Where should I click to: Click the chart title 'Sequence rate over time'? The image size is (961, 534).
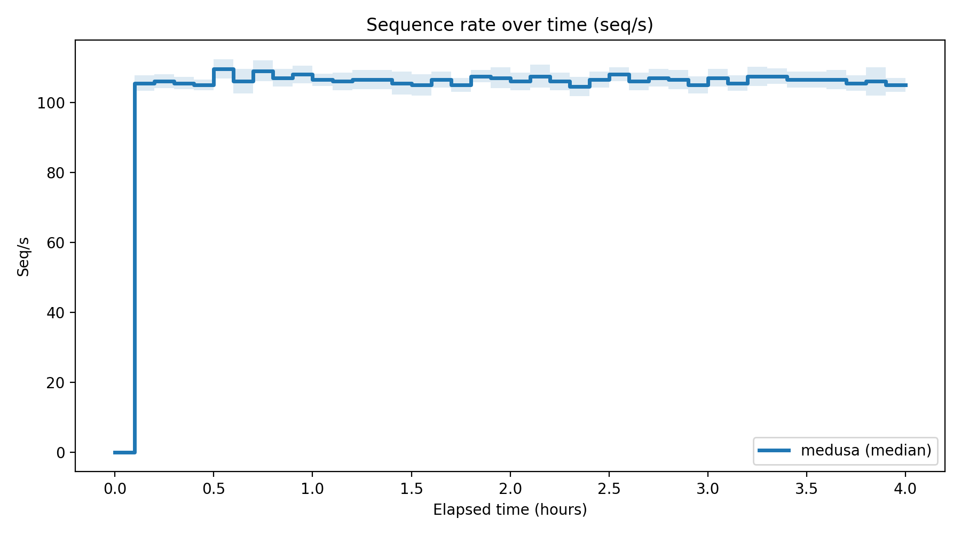point(509,25)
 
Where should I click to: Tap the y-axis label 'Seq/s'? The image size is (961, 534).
point(23,257)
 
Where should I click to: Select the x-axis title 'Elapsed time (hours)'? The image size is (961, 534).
point(510,510)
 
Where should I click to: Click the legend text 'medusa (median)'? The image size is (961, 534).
point(866,450)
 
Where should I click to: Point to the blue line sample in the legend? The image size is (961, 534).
point(774,450)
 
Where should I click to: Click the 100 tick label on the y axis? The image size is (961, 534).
point(51,103)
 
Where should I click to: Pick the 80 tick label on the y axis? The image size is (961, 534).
point(55,173)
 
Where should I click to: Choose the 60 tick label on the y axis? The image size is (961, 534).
point(55,243)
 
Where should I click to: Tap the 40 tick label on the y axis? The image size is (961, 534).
point(55,313)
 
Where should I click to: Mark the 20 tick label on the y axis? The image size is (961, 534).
point(55,383)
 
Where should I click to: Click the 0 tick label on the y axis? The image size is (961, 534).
point(60,453)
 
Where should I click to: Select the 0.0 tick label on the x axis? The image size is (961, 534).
point(114,489)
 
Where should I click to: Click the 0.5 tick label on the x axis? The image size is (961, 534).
point(213,489)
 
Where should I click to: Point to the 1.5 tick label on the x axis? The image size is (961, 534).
point(411,489)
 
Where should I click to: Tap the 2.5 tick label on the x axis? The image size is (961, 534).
point(609,489)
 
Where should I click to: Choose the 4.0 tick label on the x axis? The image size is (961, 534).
point(905,489)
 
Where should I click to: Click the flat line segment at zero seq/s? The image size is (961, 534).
point(124,452)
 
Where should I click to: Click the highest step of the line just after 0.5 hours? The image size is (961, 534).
point(223,69)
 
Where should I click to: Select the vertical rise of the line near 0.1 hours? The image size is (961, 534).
point(135,267)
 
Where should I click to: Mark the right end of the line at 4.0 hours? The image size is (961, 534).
point(905,85)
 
